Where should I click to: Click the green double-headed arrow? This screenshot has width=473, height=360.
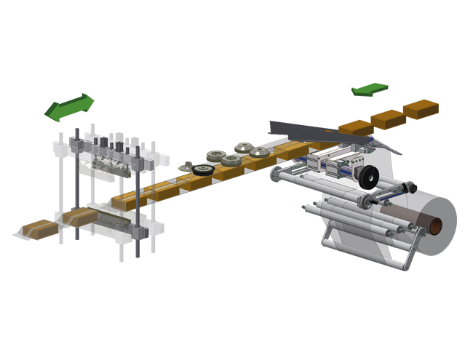coord(69,107)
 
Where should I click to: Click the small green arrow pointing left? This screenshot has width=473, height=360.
coord(370,89)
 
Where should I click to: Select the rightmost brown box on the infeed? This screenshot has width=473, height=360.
coord(421,109)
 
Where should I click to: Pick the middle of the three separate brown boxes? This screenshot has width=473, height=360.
coord(389,119)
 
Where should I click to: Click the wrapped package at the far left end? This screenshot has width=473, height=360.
coord(36,229)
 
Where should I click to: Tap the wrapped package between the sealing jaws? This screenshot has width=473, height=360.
coord(80,217)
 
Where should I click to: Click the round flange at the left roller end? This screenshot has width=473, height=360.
coord(276,174)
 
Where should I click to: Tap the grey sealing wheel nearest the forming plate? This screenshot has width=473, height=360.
coord(259,152)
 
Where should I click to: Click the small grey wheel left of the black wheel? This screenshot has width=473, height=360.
coord(186,168)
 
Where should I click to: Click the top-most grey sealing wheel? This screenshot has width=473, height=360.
coord(215,154)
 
